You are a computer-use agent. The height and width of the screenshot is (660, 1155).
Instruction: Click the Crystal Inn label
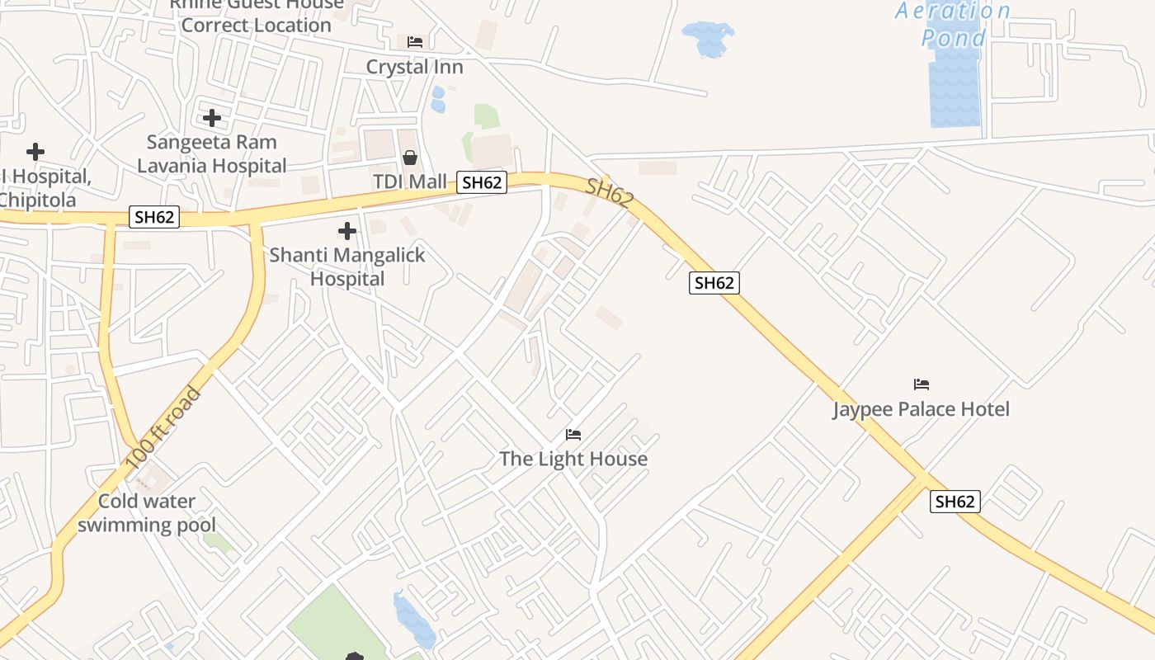point(414,67)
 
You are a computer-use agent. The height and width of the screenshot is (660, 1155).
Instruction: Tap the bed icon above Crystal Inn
point(415,42)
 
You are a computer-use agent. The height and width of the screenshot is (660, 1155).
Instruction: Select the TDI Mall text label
point(409,181)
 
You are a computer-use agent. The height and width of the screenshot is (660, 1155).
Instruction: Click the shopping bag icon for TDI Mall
point(409,158)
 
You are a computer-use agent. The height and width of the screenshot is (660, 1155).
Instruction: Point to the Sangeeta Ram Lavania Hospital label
point(212,154)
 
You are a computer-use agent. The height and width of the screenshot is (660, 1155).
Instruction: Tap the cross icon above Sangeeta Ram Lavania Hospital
point(212,118)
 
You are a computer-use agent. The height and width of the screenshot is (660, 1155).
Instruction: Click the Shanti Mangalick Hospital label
point(347,266)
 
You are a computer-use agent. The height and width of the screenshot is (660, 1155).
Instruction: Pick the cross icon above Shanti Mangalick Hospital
point(347,231)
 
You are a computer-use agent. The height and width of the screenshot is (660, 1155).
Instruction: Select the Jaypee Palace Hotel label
point(921,409)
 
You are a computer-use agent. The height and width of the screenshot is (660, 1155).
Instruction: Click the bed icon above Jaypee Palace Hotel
point(922,384)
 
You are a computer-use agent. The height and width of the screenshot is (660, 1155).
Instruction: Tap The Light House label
point(573,459)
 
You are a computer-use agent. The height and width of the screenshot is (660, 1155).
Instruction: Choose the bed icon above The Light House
point(573,435)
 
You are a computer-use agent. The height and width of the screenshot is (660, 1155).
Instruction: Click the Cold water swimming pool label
point(147,512)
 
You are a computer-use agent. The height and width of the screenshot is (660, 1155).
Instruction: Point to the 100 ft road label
point(164,427)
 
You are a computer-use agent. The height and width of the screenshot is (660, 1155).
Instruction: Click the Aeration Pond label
point(953,25)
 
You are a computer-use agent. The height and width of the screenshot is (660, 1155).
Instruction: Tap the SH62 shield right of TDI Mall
point(482,182)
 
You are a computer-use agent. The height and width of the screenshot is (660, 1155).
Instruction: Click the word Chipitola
point(37,200)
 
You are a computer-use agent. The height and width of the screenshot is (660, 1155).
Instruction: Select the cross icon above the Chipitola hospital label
point(35,152)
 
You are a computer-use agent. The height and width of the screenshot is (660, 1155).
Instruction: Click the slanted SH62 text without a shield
point(610,193)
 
